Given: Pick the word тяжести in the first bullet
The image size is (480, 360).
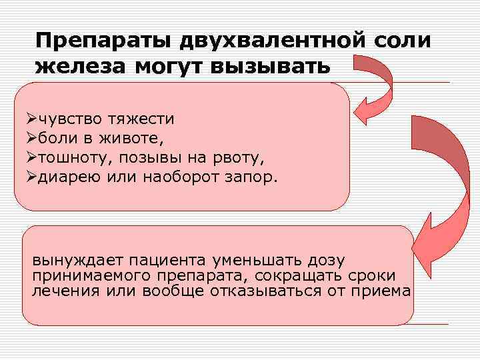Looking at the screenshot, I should pos(141,119).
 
